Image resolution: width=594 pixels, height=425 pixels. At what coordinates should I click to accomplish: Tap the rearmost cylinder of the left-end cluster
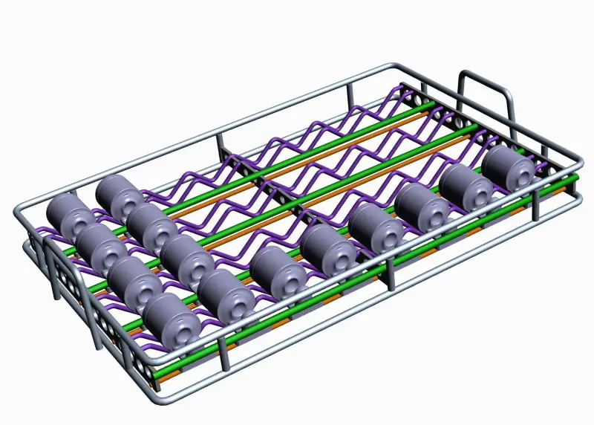(119, 196)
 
